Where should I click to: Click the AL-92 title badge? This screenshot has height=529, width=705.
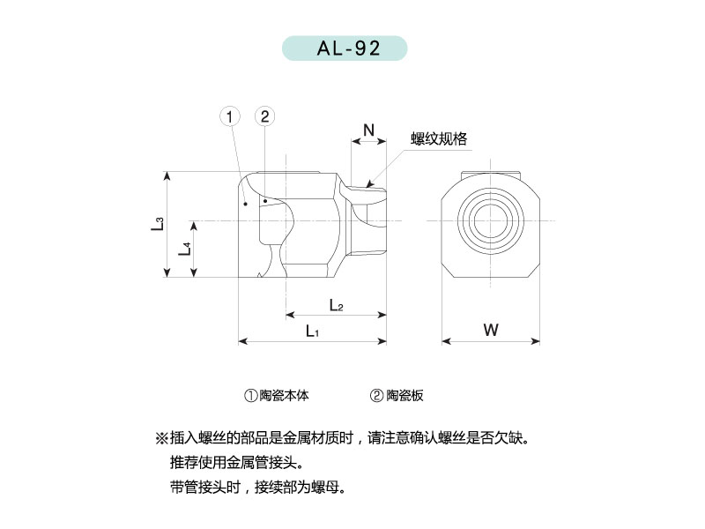tap(345, 48)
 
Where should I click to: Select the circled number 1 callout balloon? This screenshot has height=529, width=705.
tap(230, 117)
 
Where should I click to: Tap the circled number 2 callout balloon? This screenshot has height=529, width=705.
tap(265, 116)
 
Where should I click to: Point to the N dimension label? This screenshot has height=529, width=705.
tap(368, 130)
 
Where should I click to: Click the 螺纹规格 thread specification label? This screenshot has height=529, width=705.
tap(439, 138)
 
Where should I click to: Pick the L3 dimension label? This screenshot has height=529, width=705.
tap(158, 224)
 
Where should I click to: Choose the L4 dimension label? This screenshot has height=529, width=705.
tap(185, 249)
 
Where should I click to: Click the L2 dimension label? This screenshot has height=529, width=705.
tap(337, 305)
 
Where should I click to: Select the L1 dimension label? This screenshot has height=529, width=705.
tap(312, 332)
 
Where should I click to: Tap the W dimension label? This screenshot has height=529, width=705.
tap(491, 330)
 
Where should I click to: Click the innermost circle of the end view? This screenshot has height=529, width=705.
tap(491, 221)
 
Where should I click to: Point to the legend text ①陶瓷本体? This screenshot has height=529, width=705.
tap(277, 395)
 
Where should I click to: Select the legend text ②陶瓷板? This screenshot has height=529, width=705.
tap(397, 395)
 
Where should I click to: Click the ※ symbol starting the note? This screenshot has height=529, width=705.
tap(161, 437)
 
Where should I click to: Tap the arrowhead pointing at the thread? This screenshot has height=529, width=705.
tap(369, 183)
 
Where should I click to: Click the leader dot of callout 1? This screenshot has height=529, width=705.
tap(246, 205)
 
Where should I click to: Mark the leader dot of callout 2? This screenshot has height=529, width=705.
tap(266, 201)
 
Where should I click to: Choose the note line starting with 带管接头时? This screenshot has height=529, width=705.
tap(258, 488)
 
